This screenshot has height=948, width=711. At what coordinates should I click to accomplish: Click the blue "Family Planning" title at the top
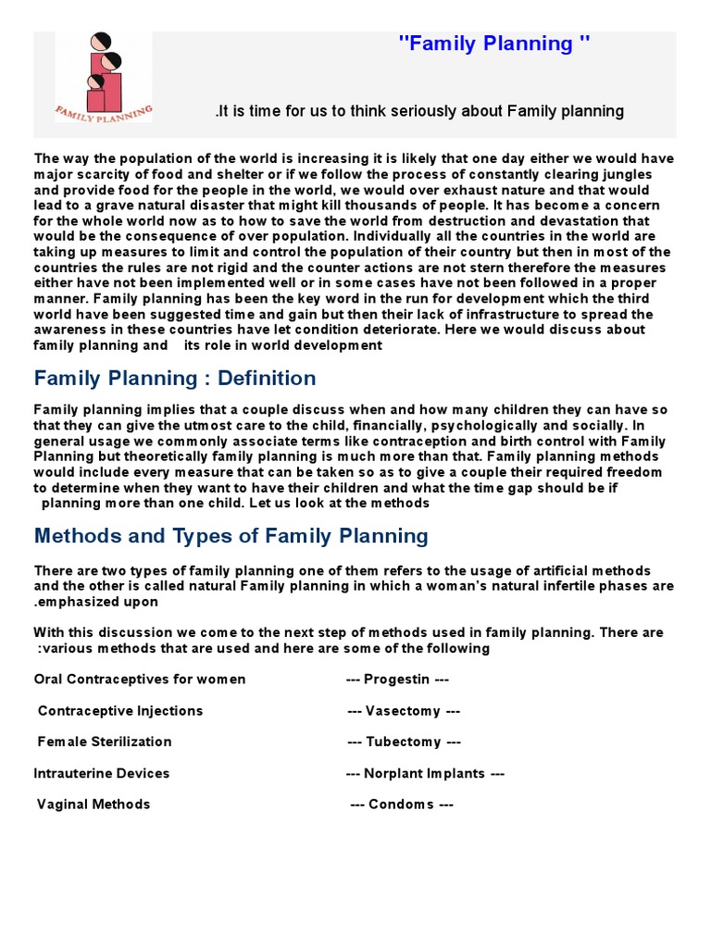click(x=493, y=44)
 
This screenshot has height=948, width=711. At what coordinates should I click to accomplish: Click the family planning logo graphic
click(x=103, y=77)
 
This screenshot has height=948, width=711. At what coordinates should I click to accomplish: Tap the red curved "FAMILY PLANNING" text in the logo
click(x=103, y=112)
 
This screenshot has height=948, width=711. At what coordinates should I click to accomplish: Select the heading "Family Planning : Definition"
click(x=175, y=379)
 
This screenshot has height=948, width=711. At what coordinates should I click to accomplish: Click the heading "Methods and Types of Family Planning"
click(x=231, y=536)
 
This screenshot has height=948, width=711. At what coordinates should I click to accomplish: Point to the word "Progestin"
click(x=397, y=680)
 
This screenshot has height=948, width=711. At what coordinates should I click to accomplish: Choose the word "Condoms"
click(x=402, y=805)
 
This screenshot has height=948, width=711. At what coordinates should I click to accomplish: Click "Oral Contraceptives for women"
click(x=140, y=680)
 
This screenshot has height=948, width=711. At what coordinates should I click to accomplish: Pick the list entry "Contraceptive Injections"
click(x=120, y=711)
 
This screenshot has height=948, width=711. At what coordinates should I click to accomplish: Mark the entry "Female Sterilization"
click(x=105, y=742)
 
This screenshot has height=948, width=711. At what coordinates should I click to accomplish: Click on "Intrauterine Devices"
click(x=102, y=773)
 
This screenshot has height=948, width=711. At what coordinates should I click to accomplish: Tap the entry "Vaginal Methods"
click(x=94, y=805)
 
